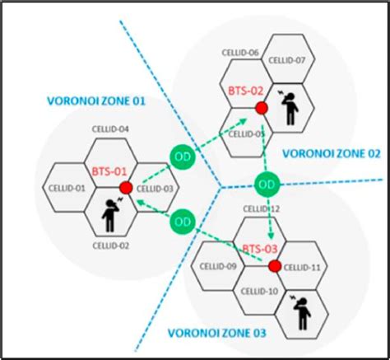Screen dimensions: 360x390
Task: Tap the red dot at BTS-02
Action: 261,108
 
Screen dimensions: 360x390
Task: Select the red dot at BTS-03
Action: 274,264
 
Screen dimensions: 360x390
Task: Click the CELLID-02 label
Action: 111,245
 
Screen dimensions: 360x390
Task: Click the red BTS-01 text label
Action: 108,171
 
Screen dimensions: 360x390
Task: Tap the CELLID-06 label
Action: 241,53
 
